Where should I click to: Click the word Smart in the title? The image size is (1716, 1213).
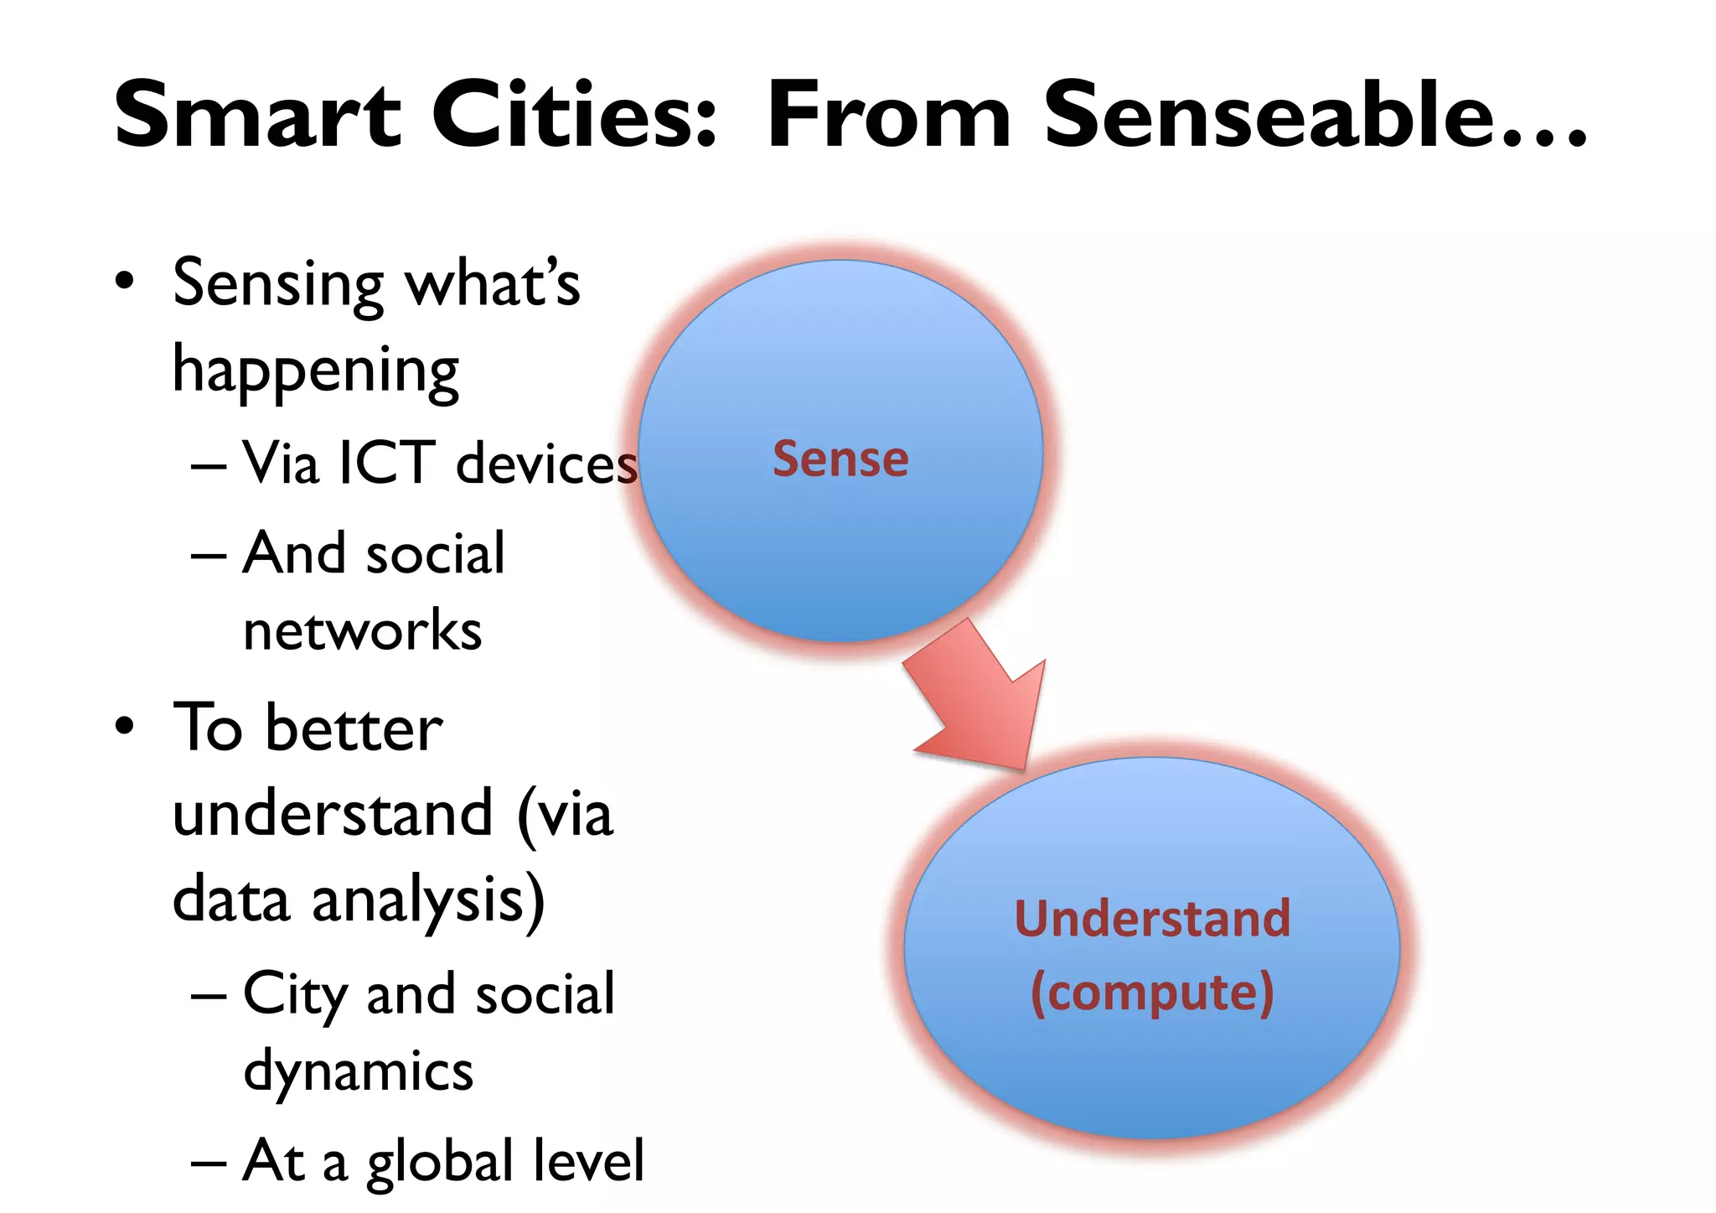click(x=257, y=115)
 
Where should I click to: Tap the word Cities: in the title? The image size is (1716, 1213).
click(x=575, y=115)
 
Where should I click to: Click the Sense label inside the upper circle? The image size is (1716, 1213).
click(x=840, y=459)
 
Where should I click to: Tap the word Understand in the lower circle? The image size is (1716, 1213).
click(x=1152, y=919)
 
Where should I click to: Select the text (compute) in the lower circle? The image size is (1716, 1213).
click(x=1152, y=993)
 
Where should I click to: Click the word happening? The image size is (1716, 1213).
click(x=316, y=371)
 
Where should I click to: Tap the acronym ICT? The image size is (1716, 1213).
click(x=386, y=463)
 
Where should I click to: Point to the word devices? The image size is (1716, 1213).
click(x=546, y=464)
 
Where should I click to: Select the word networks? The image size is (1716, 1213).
click(x=362, y=631)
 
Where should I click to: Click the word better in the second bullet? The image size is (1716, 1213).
click(x=354, y=728)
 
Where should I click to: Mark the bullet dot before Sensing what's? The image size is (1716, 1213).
click(x=125, y=282)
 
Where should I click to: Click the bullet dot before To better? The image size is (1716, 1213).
click(x=125, y=726)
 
